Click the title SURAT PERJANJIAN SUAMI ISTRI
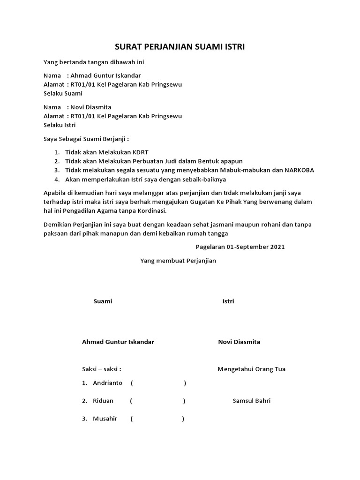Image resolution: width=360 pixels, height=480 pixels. (x=180, y=47)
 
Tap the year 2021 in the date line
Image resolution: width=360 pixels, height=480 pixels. (x=277, y=247)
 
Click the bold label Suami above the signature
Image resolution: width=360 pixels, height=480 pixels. (x=103, y=301)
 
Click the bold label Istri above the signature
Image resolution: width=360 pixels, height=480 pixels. (x=228, y=301)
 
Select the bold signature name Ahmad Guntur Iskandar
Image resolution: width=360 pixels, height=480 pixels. (x=118, y=342)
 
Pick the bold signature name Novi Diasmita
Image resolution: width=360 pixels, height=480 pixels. (x=239, y=342)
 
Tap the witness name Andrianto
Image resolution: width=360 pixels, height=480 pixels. (x=107, y=383)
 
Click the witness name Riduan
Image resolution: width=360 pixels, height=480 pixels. (x=103, y=401)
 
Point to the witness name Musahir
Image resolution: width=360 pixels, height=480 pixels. (x=105, y=419)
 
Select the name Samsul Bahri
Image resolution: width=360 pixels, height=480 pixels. (x=252, y=401)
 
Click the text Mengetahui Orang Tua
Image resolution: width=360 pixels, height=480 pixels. (x=251, y=369)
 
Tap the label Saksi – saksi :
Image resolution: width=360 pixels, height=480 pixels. (x=102, y=369)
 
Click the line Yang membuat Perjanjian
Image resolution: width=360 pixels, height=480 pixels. (x=178, y=261)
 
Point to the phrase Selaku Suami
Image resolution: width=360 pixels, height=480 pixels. (x=63, y=93)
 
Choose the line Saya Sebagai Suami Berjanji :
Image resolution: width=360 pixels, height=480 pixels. (x=86, y=139)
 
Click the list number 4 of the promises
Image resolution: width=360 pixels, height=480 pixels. (x=56, y=179)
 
